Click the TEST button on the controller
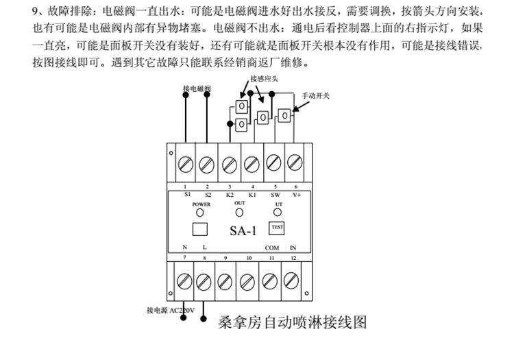pos(277,227)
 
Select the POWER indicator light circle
pos(200,213)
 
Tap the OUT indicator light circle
pos(239,213)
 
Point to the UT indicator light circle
pos(278,213)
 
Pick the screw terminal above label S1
pos(186,164)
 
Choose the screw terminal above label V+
pos(295,164)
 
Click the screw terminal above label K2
pos(230,165)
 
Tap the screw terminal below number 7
pos(184,280)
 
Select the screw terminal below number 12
pos(291,280)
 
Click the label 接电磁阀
pos(197,89)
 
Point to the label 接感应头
pos(262,80)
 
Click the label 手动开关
pos(316,95)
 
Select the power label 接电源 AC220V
pos(171,311)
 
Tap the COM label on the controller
pos(272,247)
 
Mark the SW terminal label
pos(274,195)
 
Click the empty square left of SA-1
pos(199,228)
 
